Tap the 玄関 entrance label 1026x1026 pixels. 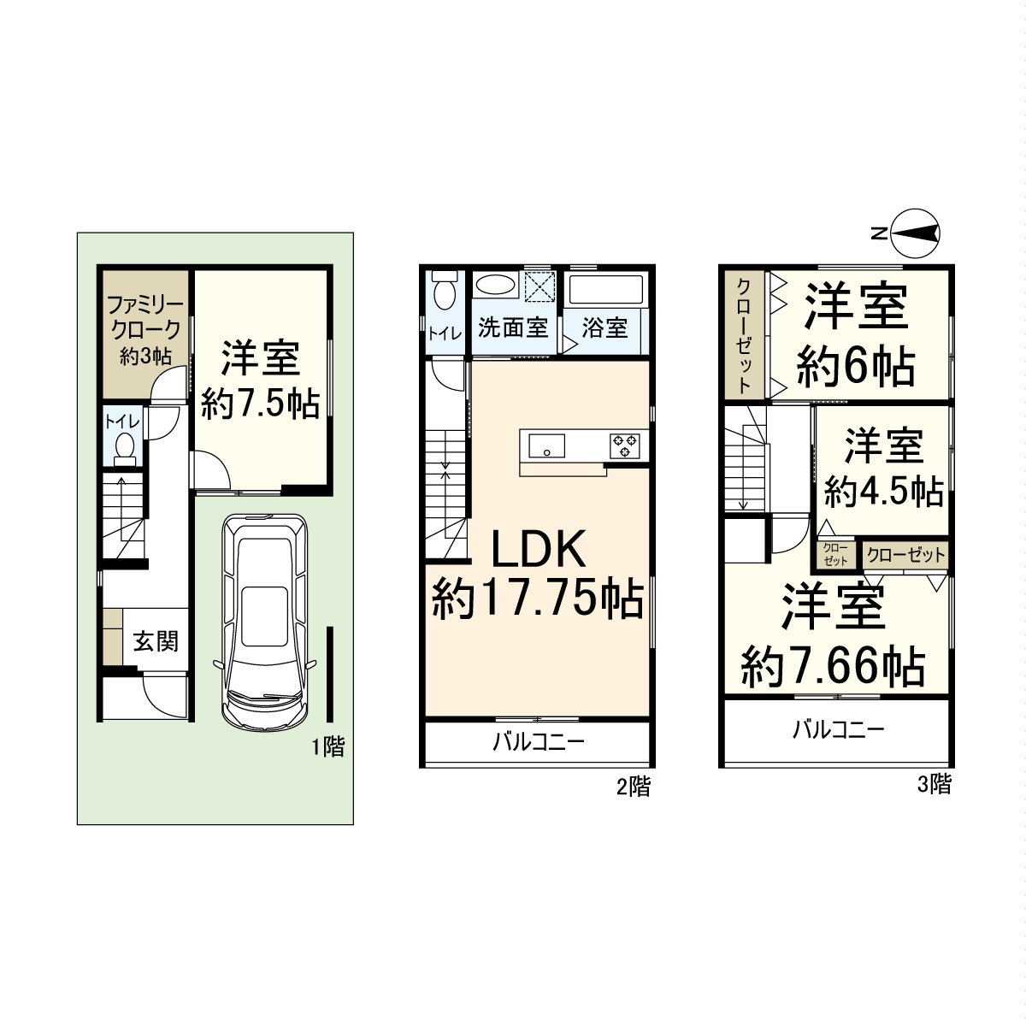click(156, 641)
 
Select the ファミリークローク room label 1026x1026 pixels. click(144, 318)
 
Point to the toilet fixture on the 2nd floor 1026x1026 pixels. click(445, 290)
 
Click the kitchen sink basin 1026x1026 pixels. click(546, 445)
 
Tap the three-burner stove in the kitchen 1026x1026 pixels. click(625, 445)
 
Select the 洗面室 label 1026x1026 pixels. click(513, 327)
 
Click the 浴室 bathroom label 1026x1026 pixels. click(604, 327)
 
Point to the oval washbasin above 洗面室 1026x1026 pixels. click(496, 285)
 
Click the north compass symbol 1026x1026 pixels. click(915, 233)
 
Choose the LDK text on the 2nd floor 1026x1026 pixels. click(538, 549)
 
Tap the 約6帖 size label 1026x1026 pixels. click(856, 367)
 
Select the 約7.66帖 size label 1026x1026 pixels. click(834, 666)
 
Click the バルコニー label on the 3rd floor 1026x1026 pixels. click(838, 729)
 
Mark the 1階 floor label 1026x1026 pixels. click(328, 747)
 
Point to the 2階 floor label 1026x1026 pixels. click(634, 787)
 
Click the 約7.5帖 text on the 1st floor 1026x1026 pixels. click(261, 404)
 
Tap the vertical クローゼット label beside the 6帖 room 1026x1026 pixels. click(745, 335)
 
